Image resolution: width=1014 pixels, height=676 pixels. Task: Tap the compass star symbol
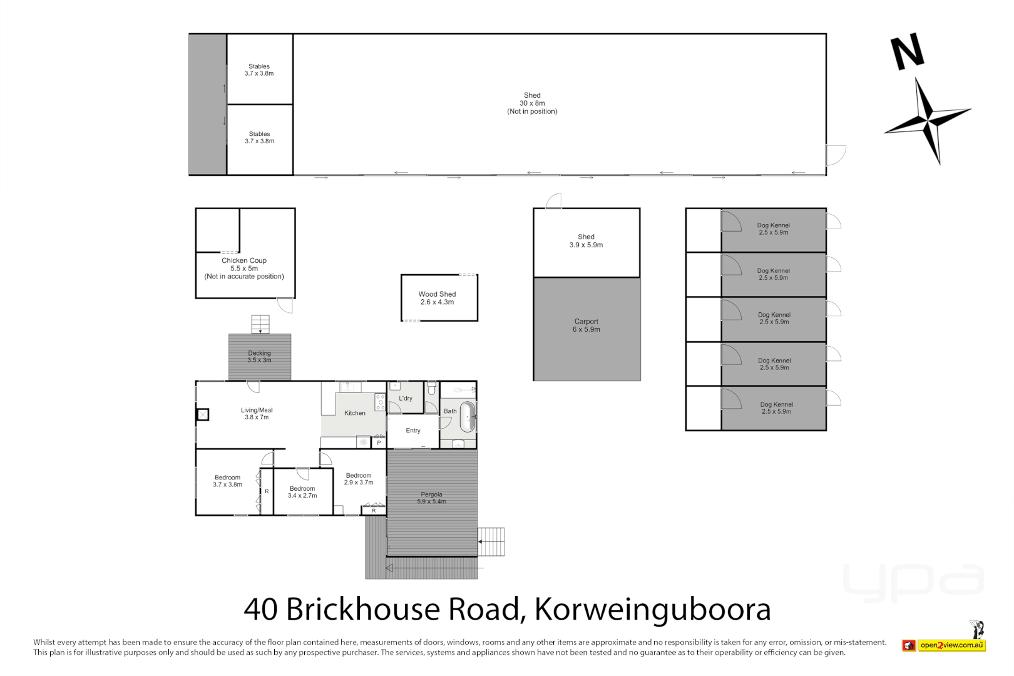(x=927, y=118)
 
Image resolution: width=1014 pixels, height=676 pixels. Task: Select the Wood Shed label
(x=437, y=298)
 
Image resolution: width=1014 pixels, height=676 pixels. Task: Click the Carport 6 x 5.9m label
(x=586, y=325)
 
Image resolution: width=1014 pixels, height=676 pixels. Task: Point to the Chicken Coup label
(x=244, y=268)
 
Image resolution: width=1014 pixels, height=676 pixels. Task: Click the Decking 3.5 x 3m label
(x=259, y=357)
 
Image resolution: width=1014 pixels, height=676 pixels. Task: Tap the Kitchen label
(x=355, y=413)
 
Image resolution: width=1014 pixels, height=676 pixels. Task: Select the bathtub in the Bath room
(x=467, y=417)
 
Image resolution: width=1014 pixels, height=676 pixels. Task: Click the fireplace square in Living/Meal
(x=203, y=414)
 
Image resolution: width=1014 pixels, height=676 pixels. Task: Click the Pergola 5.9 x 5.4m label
(x=431, y=498)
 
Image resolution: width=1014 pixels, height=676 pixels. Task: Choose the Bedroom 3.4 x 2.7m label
(x=302, y=492)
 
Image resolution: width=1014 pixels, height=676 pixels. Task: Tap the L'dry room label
(x=406, y=398)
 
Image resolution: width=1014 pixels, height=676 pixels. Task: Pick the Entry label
(x=413, y=431)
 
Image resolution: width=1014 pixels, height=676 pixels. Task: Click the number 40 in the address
(x=260, y=609)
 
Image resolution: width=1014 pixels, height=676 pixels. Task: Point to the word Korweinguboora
(x=652, y=609)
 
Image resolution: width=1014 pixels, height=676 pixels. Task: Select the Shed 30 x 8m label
(x=532, y=103)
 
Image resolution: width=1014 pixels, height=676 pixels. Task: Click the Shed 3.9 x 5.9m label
(x=586, y=241)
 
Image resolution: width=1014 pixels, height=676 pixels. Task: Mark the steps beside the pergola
(x=491, y=541)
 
